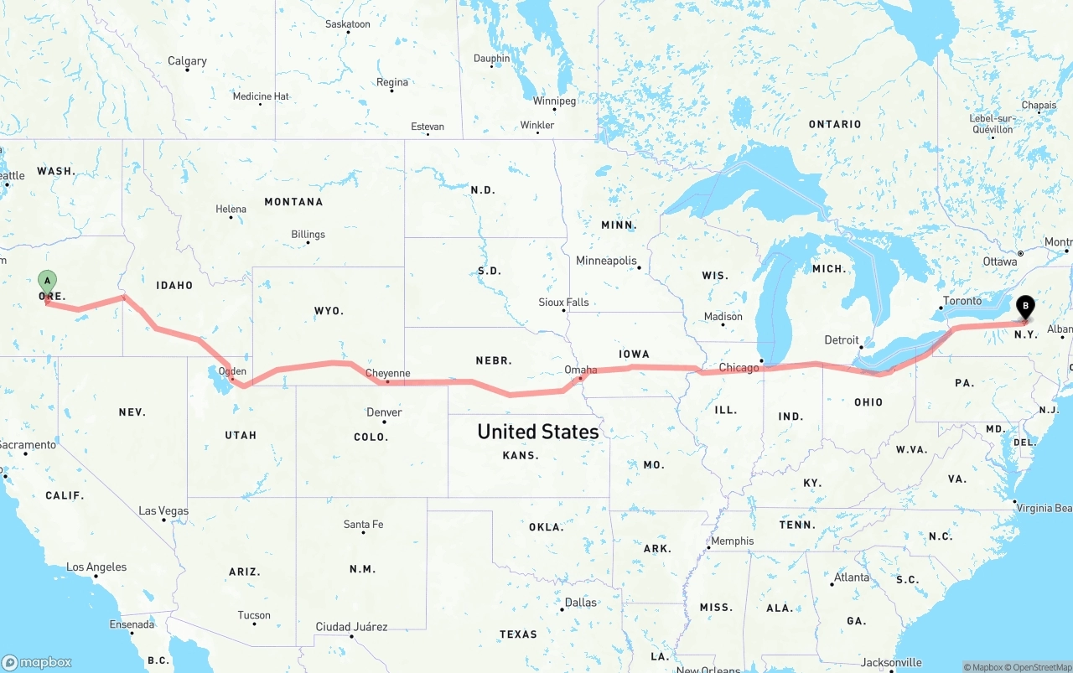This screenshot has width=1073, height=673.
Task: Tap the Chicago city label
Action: (739, 368)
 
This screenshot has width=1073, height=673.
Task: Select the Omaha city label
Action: (580, 370)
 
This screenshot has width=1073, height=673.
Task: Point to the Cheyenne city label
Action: (387, 373)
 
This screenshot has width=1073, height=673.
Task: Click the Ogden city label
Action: (232, 371)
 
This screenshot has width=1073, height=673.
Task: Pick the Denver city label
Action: (384, 412)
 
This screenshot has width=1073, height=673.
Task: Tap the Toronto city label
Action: (962, 301)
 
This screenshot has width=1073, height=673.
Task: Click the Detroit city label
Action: (842, 339)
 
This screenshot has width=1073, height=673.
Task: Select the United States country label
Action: (537, 432)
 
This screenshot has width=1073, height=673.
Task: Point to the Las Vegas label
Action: (163, 510)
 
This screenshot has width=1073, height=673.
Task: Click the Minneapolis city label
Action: (606, 261)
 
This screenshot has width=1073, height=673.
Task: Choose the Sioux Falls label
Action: (563, 302)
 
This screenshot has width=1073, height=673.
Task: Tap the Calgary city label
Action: (187, 61)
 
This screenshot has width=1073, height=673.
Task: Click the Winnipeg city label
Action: (554, 101)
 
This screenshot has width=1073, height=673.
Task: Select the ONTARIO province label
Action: (834, 124)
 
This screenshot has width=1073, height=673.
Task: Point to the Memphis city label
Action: (732, 541)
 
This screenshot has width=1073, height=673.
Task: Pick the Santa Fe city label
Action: (363, 524)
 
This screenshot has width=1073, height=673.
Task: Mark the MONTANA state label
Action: (293, 202)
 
